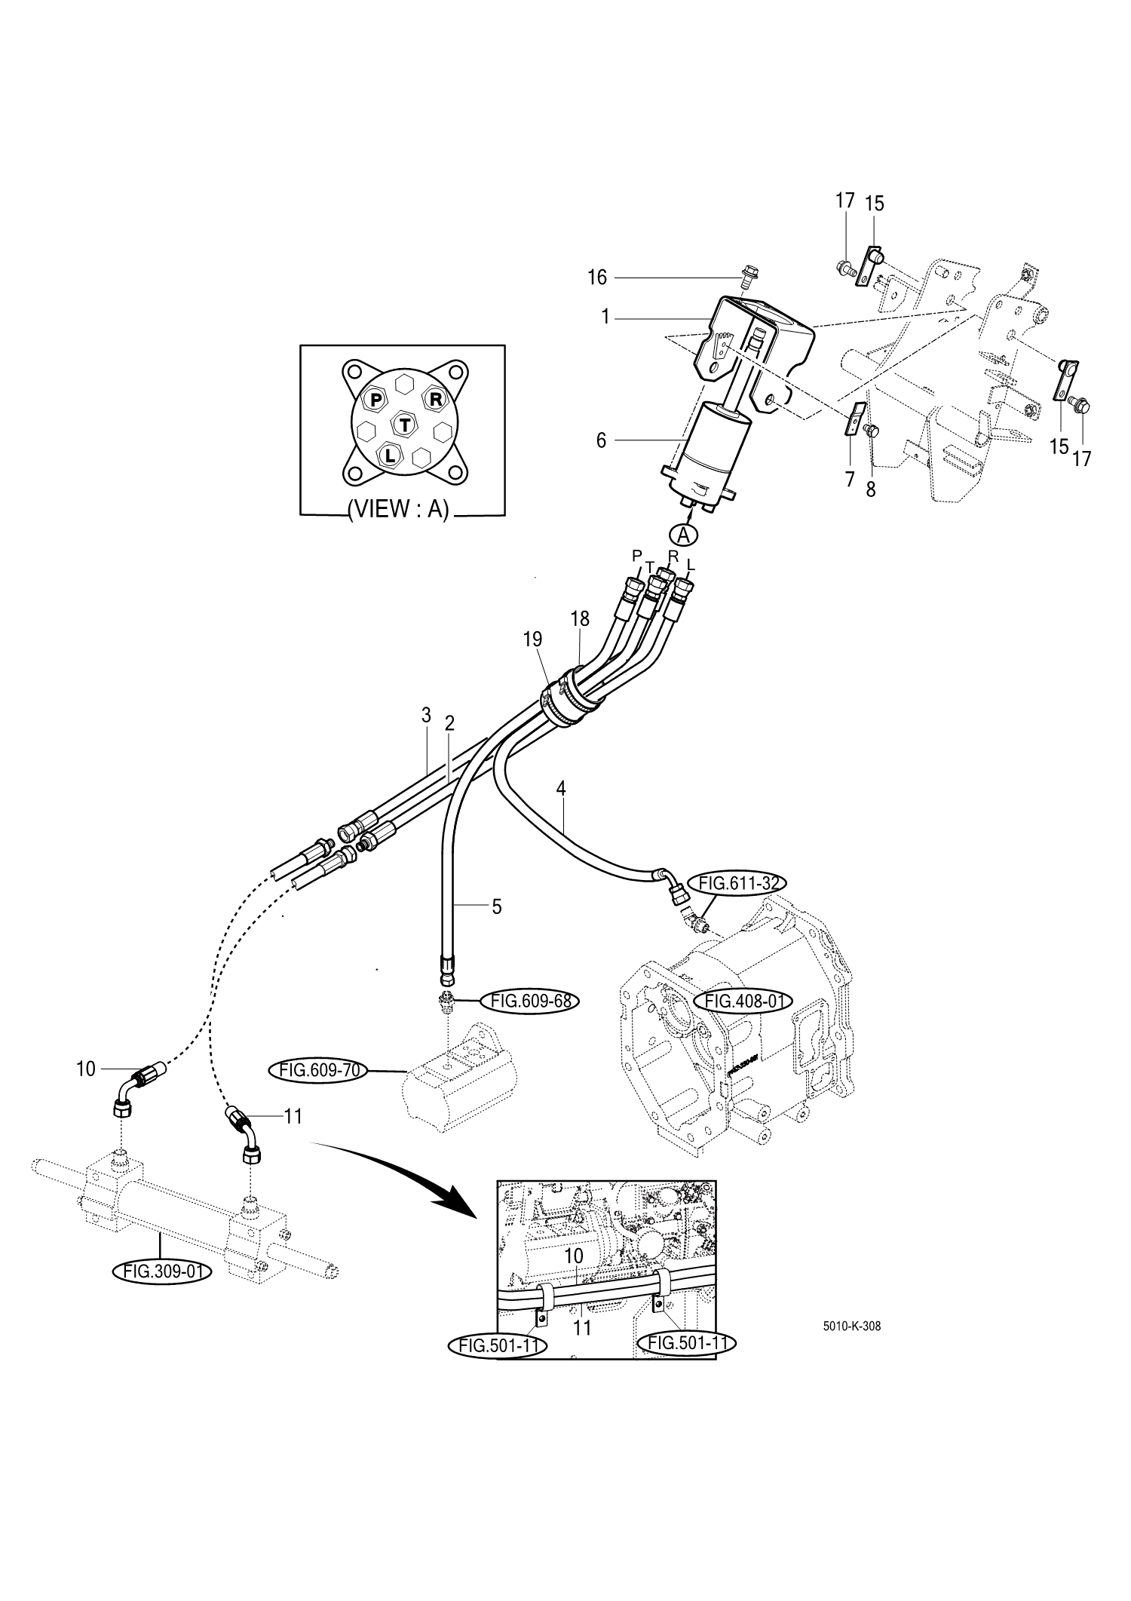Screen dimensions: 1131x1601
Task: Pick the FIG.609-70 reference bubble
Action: coord(315,1070)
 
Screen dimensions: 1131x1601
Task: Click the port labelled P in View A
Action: coord(375,400)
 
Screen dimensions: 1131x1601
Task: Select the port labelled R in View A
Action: coord(435,398)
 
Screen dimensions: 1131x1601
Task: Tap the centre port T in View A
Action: coord(406,425)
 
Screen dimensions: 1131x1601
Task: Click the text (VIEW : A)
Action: coord(398,511)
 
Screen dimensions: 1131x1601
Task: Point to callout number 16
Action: coord(597,278)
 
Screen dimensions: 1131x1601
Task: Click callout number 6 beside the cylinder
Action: coord(601,440)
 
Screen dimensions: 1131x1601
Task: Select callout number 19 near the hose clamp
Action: coord(532,640)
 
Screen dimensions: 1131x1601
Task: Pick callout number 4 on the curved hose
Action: coord(560,789)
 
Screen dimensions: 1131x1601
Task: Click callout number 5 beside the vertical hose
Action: coord(496,907)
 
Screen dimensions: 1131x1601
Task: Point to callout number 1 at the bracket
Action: coord(605,317)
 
